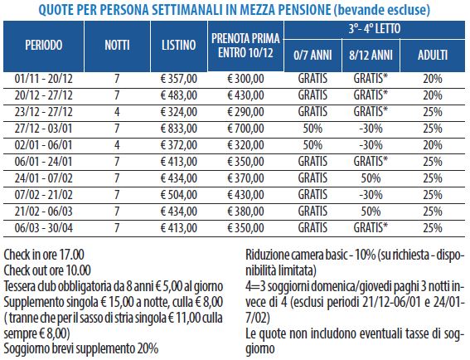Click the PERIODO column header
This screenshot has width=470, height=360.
pyautogui.click(x=44, y=46)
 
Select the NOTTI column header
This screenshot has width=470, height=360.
pyautogui.click(x=117, y=46)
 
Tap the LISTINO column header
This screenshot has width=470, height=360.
pyautogui.click(x=179, y=46)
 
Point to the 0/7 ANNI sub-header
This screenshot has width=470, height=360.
pyautogui.click(x=313, y=56)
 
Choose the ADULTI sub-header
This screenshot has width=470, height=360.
pyautogui.click(x=433, y=56)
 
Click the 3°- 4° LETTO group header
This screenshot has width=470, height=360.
pyautogui.click(x=375, y=29)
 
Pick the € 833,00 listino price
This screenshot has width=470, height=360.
pyautogui.click(x=179, y=129)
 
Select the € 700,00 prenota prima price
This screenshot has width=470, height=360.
pyautogui.click(x=246, y=129)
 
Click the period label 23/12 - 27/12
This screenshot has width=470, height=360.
pyautogui.click(x=44, y=112)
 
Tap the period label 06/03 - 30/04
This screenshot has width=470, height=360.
pyautogui.click(x=44, y=228)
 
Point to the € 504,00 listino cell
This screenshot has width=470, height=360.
pyautogui.click(x=179, y=195)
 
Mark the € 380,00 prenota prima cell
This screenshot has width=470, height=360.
pyautogui.click(x=246, y=212)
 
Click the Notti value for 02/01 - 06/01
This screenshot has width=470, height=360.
pyautogui.click(x=117, y=145)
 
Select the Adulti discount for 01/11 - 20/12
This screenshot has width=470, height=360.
pyautogui.click(x=433, y=79)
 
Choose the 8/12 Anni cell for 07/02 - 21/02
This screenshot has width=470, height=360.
pyautogui.click(x=371, y=195)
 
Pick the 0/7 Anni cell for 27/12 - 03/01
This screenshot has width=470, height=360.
pyautogui.click(x=313, y=129)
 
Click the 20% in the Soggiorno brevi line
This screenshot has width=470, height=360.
pyautogui.click(x=148, y=349)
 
